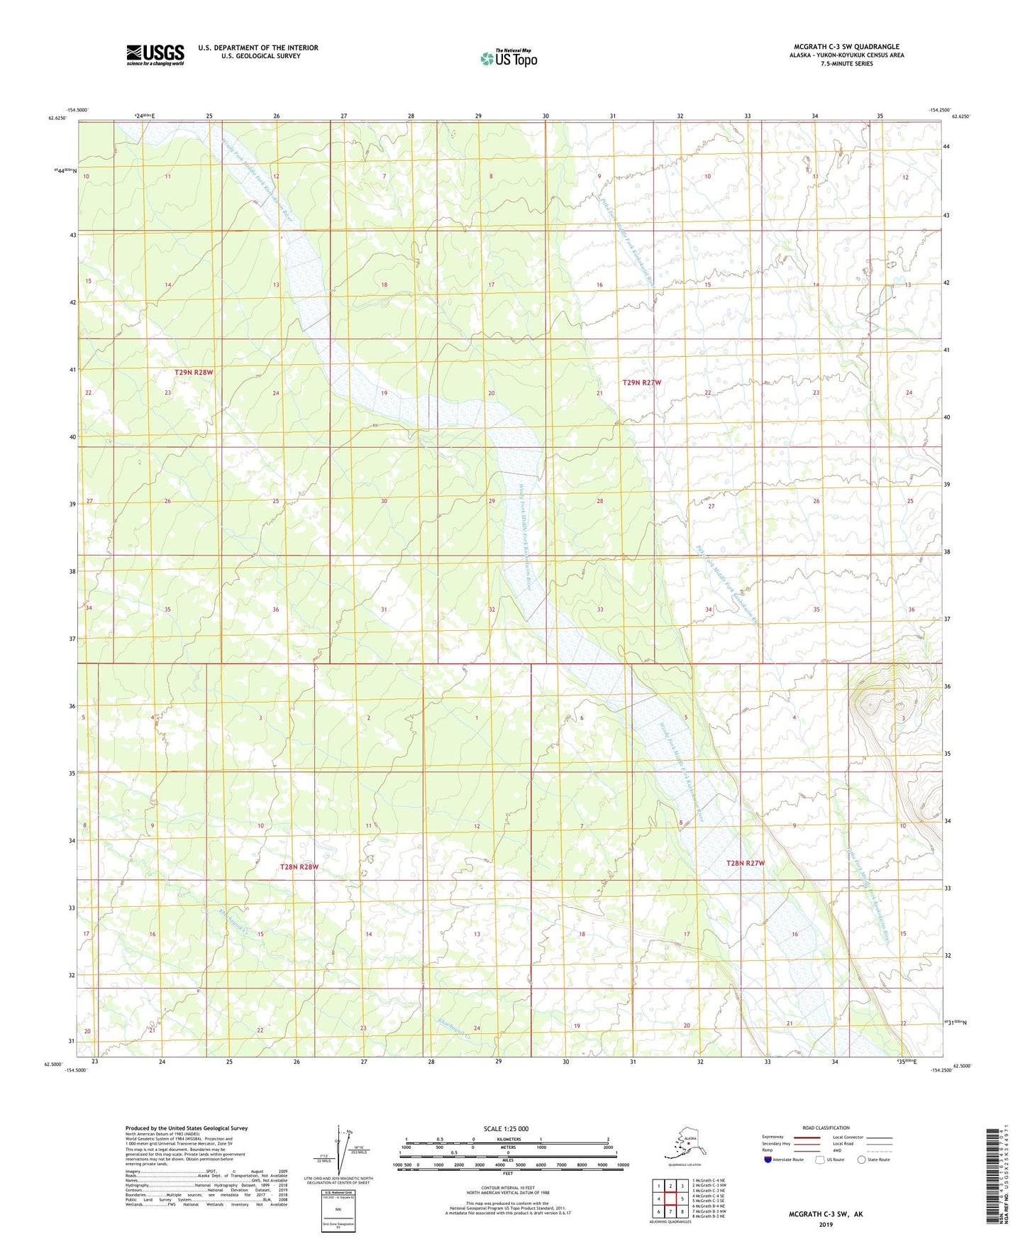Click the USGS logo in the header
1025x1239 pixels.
pyautogui.click(x=155, y=55)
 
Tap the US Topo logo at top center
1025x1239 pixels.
pyautogui.click(x=509, y=58)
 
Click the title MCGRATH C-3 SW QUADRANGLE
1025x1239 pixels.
pyautogui.click(x=846, y=47)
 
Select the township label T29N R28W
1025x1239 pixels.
pyautogui.click(x=194, y=372)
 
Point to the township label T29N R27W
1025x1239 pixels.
pyautogui.click(x=641, y=382)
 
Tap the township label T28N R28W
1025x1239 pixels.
pyautogui.click(x=299, y=867)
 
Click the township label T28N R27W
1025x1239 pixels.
pyautogui.click(x=746, y=863)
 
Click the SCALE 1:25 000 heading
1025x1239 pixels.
pyautogui.click(x=506, y=1128)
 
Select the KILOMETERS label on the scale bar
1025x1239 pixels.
pyautogui.click(x=506, y=1140)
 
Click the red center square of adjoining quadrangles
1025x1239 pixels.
pyautogui.click(x=670, y=1199)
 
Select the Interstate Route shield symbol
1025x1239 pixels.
pyautogui.click(x=768, y=1160)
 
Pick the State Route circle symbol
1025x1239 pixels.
pyautogui.click(x=861, y=1160)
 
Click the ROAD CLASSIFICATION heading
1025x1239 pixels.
pyautogui.click(x=826, y=1128)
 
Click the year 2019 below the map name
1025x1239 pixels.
pyautogui.click(x=826, y=1224)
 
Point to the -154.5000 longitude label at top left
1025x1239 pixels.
pyautogui.click(x=77, y=110)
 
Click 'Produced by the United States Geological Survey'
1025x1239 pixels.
pyautogui.click(x=187, y=1128)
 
